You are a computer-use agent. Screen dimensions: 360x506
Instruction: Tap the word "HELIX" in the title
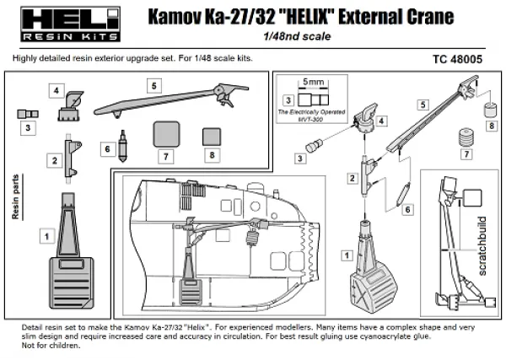pyautogui.click(x=324, y=15)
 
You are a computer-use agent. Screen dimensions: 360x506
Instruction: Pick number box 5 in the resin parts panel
pyautogui.click(x=153, y=86)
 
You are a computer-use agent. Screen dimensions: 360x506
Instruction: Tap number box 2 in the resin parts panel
pyautogui.click(x=52, y=159)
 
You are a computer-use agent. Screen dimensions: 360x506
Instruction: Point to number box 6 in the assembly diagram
pyautogui.click(x=408, y=208)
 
